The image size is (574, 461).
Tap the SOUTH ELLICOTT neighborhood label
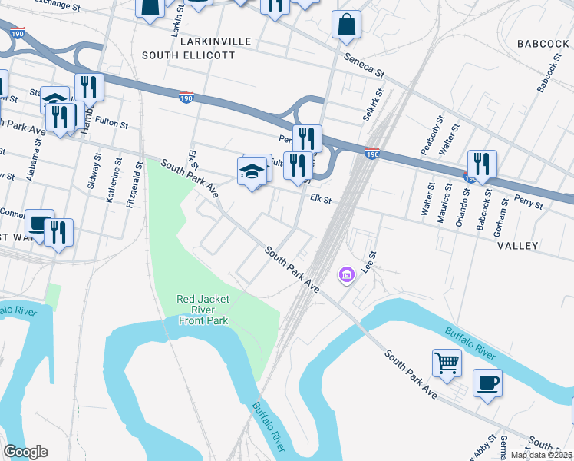(x=189, y=55)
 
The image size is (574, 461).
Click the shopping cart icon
(x=447, y=362)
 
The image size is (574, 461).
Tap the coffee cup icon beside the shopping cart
(x=487, y=382)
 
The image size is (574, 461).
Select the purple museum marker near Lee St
(x=346, y=274)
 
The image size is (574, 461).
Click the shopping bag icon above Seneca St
(x=347, y=24)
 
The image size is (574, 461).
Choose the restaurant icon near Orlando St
(x=482, y=163)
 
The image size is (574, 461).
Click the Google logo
(x=25, y=452)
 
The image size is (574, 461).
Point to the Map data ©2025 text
(x=541, y=455)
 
